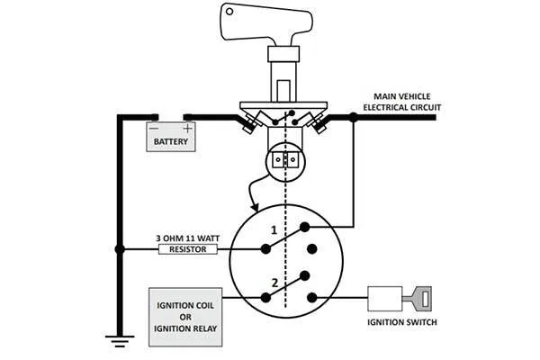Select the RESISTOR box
tap(188, 248)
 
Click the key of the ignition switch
tap(419, 296)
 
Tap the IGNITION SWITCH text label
tap(400, 321)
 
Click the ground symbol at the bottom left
tap(114, 340)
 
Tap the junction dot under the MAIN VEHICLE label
tap(353, 117)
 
